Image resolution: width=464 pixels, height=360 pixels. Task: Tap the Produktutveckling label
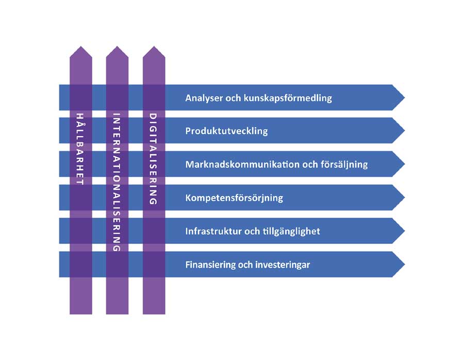[226, 131]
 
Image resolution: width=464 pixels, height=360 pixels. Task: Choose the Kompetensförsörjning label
[234, 198]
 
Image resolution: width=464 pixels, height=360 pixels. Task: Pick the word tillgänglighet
[291, 231]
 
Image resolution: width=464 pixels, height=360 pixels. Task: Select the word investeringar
[281, 265]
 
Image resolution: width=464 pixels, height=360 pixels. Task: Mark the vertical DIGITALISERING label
[153, 159]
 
